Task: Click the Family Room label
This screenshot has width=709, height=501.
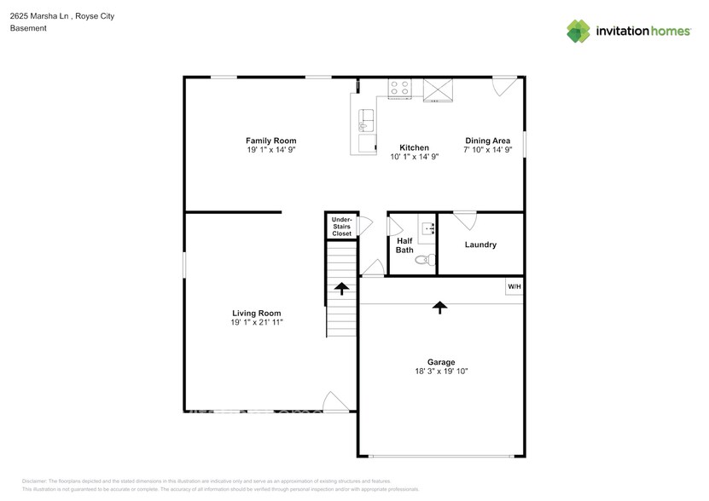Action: coord(270,141)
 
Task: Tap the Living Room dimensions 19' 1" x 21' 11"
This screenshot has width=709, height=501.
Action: coord(256,323)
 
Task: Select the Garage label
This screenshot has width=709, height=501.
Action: coord(441,361)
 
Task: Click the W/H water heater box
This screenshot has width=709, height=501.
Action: coord(514,287)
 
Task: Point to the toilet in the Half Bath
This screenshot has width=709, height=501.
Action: coord(422,261)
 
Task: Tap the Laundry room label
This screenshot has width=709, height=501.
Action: coord(480,245)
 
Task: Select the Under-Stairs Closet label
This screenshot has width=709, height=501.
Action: coord(341,226)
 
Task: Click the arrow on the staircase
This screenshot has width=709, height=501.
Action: coord(341,288)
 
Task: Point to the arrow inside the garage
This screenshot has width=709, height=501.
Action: coord(440,307)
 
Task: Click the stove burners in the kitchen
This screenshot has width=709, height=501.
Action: coord(399,87)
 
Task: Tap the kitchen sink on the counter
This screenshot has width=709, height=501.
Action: coord(368,118)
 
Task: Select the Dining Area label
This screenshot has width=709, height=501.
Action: coord(487,141)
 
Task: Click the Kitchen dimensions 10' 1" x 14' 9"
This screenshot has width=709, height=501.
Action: coord(414,157)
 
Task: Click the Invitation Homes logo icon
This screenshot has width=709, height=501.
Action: coord(579,32)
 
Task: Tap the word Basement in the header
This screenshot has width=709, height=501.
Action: coord(28,28)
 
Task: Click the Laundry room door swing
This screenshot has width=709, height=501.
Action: coord(465,220)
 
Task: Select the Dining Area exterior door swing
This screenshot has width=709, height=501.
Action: coord(503,85)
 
